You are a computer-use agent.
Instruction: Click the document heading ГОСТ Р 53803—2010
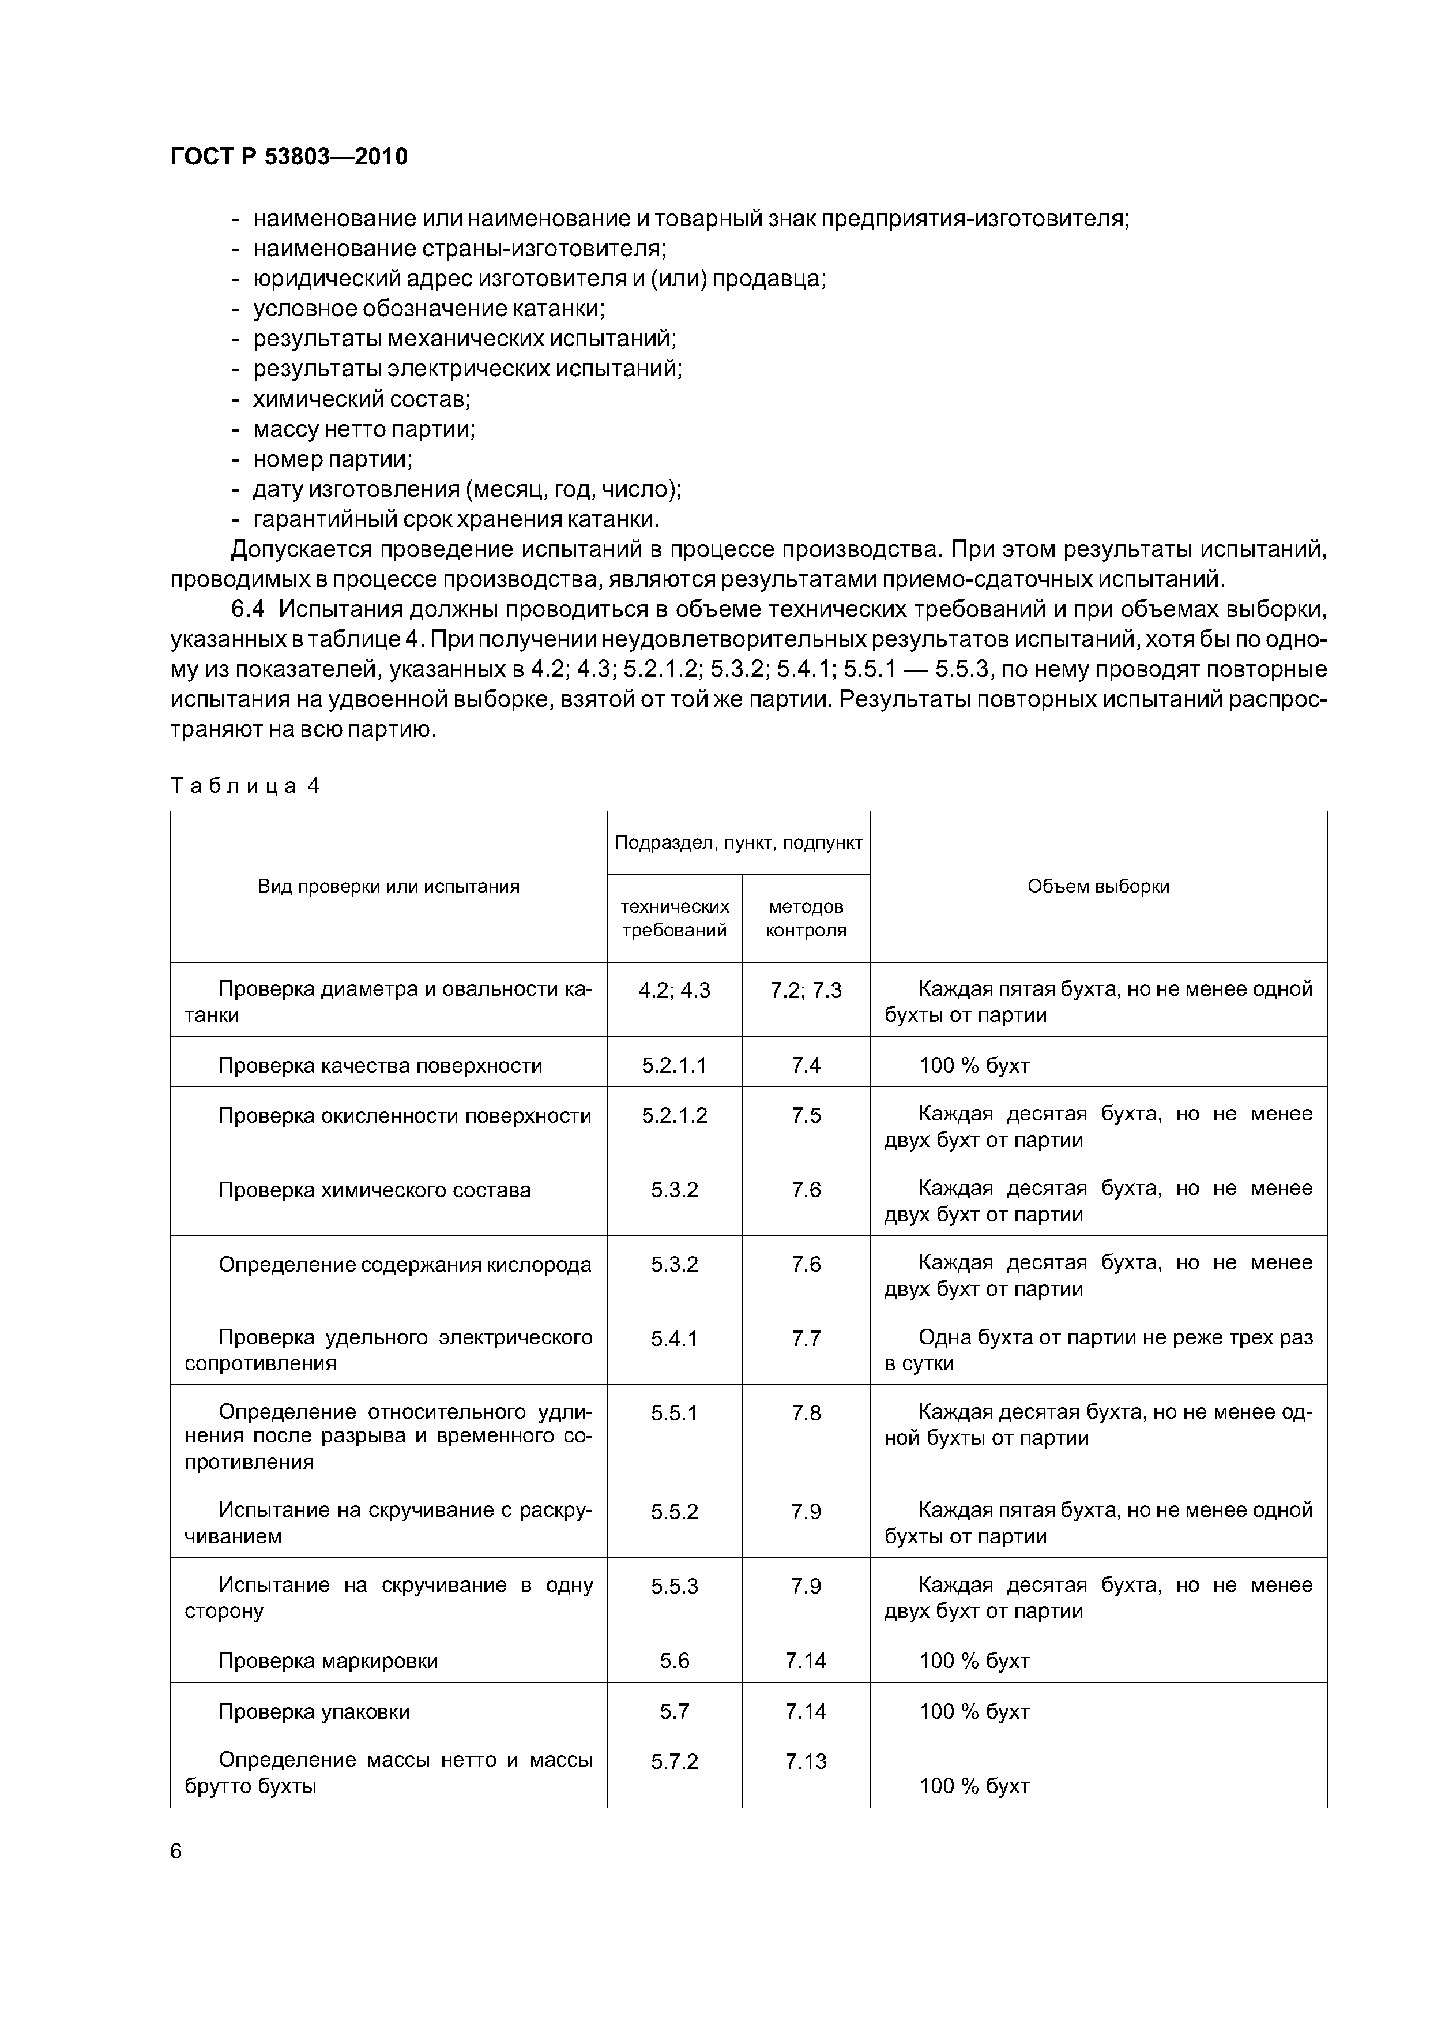288,157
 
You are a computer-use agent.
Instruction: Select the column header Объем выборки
1098,886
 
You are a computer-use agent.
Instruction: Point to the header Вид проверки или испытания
389,886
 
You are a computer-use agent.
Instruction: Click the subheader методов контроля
806,918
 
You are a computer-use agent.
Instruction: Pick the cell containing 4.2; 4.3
674,990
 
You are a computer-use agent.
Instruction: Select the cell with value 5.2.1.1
674,1065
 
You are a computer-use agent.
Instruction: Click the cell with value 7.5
806,1115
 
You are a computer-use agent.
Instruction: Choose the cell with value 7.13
806,1761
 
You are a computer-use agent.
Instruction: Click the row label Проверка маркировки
328,1661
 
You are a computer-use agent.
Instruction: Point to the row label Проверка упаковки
314,1711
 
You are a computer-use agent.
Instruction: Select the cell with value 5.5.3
674,1586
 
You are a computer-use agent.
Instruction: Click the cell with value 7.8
806,1413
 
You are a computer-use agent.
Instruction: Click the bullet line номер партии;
332,459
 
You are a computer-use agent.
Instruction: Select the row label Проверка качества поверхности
380,1065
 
